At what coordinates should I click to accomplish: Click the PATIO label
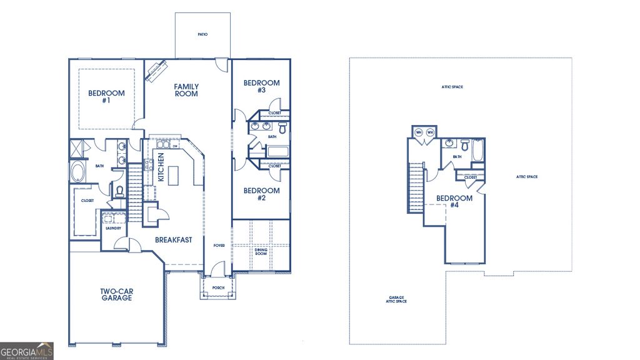[202, 35]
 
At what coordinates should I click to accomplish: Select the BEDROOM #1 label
[106, 96]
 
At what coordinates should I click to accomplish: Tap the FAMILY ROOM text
[186, 90]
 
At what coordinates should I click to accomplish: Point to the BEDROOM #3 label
[261, 86]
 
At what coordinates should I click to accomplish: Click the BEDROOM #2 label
[261, 194]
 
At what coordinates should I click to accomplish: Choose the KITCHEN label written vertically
[161, 167]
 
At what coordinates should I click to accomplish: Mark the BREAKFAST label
[173, 239]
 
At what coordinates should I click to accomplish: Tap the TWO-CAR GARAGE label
[116, 294]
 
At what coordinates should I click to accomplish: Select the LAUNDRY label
[112, 228]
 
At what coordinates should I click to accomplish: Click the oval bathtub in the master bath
[79, 172]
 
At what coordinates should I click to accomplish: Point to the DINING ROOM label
[261, 251]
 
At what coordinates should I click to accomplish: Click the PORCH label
[218, 287]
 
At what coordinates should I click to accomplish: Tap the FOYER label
[219, 245]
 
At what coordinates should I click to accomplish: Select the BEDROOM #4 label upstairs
[454, 201]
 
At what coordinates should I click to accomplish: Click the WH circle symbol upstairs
[419, 132]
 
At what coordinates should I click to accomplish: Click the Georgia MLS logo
[27, 350]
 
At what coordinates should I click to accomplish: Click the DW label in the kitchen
[175, 146]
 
